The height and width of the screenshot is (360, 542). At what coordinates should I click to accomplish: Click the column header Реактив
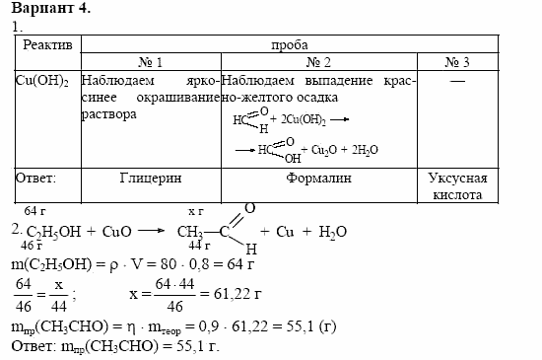[47, 44]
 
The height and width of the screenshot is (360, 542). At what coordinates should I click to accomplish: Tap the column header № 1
[151, 62]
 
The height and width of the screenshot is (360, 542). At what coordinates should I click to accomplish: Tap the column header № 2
[315, 62]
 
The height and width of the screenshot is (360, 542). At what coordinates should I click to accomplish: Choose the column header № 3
[457, 62]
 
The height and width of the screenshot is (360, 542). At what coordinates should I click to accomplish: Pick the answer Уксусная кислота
[458, 186]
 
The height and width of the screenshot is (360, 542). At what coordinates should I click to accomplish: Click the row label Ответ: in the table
[37, 179]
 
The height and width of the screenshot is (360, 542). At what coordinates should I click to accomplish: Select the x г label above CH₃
[195, 212]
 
